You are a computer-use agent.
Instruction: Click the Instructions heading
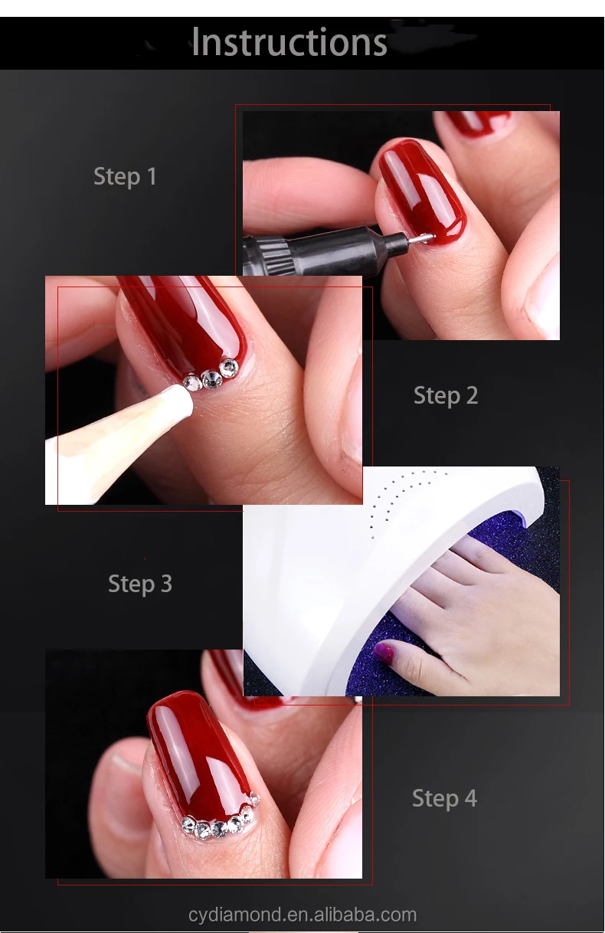pos(289,42)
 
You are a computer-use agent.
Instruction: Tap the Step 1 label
pos(125,177)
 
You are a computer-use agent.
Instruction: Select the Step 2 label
pos(446,396)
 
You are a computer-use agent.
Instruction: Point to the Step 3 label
pos(140,584)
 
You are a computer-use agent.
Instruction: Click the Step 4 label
pos(444,798)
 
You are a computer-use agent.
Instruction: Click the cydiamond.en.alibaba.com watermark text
pos(302,915)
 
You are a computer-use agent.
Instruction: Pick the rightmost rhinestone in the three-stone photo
pos(228,368)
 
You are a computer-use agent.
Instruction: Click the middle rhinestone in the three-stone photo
pos(211,379)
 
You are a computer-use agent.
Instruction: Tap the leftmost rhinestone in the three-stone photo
pos(193,382)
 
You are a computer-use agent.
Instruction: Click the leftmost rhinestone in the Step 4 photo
pos(188,823)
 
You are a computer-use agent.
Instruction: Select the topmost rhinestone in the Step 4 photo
pos(254,797)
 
